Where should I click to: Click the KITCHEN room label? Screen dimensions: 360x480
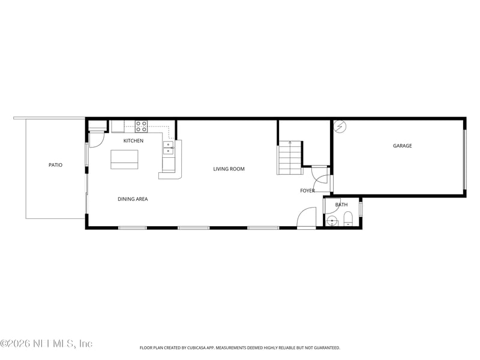coord(133,141)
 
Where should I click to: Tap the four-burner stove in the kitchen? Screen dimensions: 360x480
coord(141,126)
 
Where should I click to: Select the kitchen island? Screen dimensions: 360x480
coord(124,159)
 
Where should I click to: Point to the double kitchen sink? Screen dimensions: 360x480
coord(169,148)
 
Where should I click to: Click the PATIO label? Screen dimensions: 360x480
coord(55,165)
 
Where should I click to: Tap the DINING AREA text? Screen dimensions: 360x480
coord(133,199)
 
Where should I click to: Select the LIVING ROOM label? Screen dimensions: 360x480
coord(229,169)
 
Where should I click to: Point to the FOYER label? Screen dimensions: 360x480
coord(307,191)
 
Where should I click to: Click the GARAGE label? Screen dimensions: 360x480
coord(402,146)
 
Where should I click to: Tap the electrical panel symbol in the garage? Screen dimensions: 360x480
coord(340,126)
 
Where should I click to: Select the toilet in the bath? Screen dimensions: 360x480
coord(348,219)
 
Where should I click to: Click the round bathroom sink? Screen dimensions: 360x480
coord(332,220)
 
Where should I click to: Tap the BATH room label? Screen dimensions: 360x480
coord(341,205)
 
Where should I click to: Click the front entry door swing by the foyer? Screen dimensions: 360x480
coord(307,217)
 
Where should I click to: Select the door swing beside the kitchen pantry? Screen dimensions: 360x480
coord(97,139)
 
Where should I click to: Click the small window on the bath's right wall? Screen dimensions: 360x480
coord(360,209)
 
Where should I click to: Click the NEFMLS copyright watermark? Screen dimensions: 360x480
coord(46,344)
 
